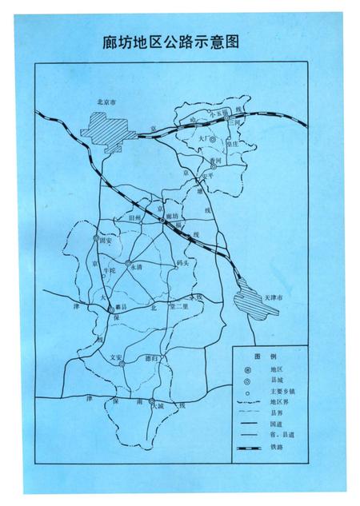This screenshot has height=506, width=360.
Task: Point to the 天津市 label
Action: point(274,297)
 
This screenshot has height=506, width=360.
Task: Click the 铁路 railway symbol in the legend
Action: point(253,451)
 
